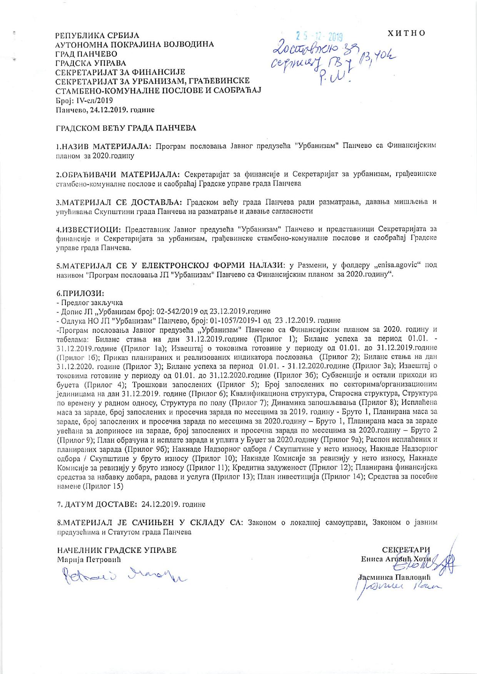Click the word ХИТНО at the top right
(x=407, y=33)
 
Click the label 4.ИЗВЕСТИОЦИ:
(x=89, y=230)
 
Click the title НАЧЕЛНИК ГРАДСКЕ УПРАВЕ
(x=117, y=550)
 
